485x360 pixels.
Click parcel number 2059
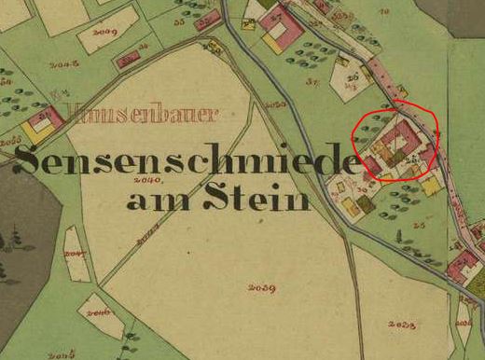coord(261,287)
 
